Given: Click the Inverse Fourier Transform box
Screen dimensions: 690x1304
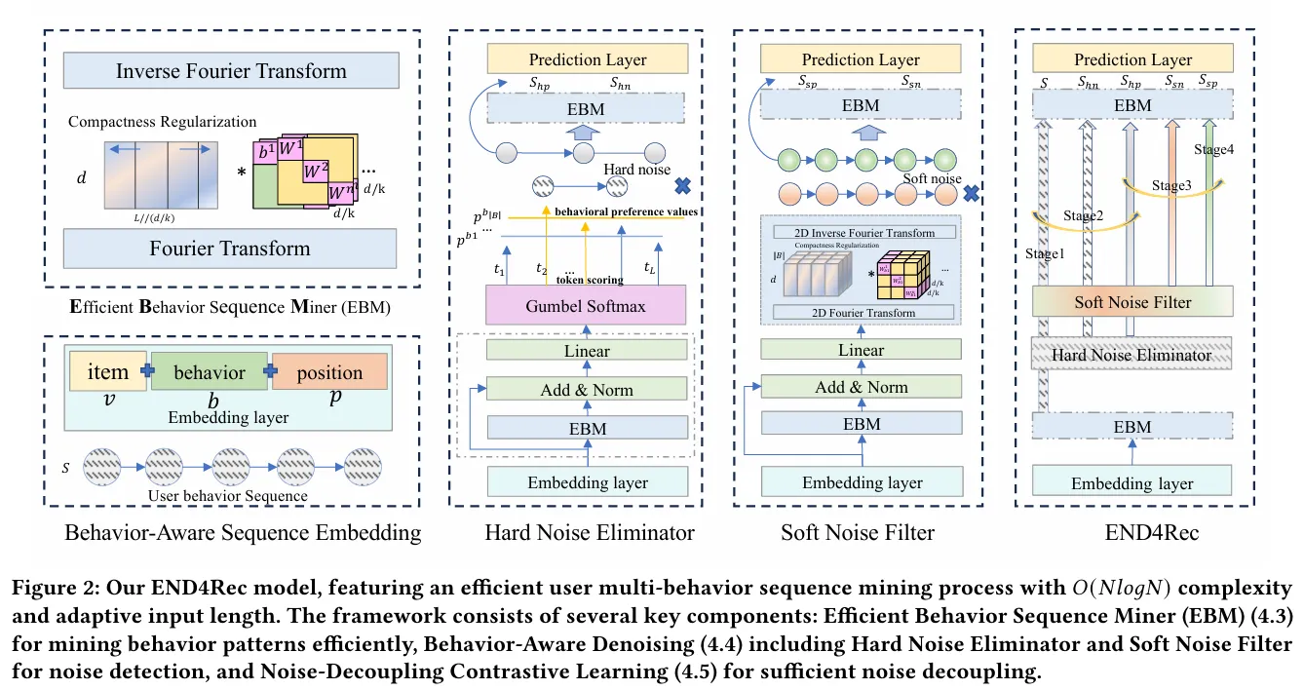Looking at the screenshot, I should point(231,71).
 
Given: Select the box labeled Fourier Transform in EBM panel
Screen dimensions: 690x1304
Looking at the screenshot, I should point(231,249).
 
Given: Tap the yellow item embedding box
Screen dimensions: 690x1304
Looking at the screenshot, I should point(107,371).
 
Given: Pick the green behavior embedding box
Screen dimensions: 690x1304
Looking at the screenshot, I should point(210,372).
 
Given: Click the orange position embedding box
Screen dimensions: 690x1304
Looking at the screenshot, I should point(329,372).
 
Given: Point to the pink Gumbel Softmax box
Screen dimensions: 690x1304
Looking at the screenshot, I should point(588,307).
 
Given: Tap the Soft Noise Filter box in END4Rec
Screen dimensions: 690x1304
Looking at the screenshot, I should point(1132,302).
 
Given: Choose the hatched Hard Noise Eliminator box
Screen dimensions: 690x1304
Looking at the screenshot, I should point(1132,355).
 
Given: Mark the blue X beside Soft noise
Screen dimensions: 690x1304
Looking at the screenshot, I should point(971,192).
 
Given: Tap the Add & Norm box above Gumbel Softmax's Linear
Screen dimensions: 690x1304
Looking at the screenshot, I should point(588,390).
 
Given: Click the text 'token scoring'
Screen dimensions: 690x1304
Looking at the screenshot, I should point(591,280).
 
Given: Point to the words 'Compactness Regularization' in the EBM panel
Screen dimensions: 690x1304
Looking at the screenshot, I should point(163,122).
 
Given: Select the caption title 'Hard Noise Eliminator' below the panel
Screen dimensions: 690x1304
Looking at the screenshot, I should point(590,532).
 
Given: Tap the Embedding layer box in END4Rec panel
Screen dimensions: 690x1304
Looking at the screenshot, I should point(1132,483).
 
